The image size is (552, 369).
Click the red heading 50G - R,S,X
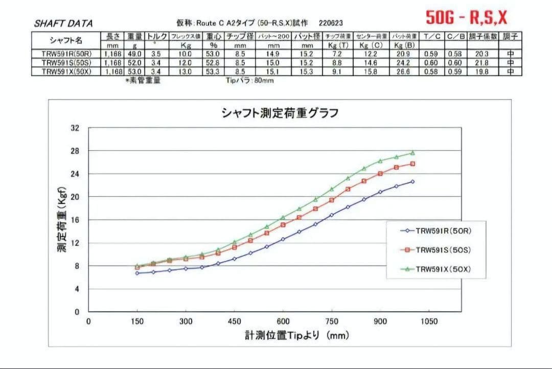[x=467, y=18]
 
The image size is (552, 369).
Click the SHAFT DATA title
[x=63, y=24]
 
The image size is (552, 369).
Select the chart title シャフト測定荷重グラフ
[x=280, y=113]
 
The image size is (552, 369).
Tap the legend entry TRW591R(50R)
[x=443, y=231]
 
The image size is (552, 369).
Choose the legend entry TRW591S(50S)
[x=443, y=250]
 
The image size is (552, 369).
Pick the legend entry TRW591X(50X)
[x=443, y=269]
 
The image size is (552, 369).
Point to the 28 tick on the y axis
[x=75, y=151]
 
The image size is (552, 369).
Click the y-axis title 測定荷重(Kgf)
[x=61, y=219]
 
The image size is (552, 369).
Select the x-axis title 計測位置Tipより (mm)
[x=296, y=336]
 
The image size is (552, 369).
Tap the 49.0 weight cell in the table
[x=134, y=54]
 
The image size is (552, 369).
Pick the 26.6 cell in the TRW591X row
[x=403, y=72]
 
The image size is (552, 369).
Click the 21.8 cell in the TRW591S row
[x=482, y=62]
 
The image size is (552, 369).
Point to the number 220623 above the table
[x=330, y=24]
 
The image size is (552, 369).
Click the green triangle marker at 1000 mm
[x=412, y=153]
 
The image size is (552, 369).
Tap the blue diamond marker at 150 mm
[x=137, y=273]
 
